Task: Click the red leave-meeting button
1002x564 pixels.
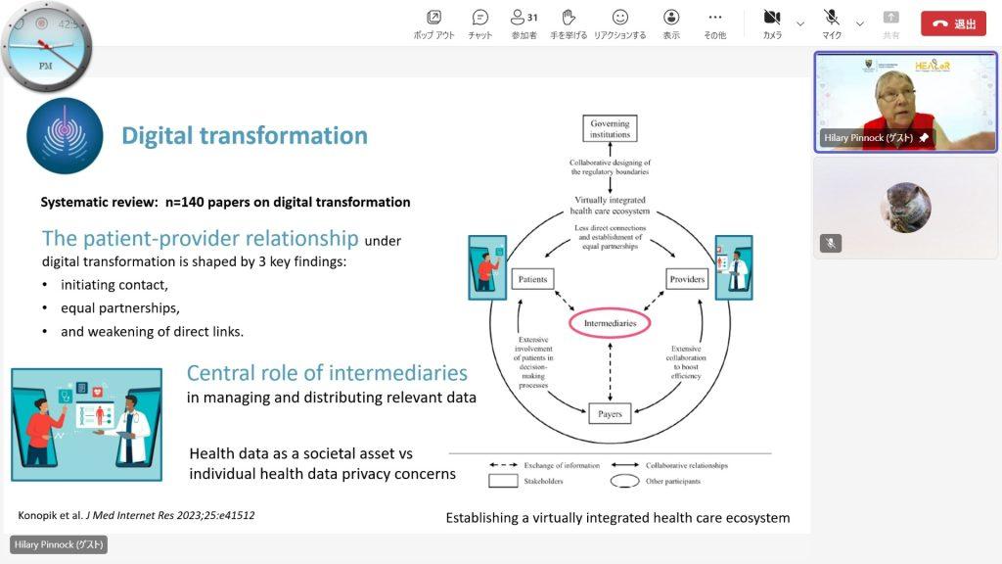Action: click(x=953, y=23)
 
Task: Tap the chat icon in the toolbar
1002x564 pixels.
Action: click(x=479, y=18)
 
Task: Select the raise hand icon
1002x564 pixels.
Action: click(x=569, y=18)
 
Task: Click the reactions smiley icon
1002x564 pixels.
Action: click(x=619, y=18)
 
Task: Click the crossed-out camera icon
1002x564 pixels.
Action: click(x=772, y=18)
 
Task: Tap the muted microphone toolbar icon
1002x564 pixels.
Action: click(x=831, y=18)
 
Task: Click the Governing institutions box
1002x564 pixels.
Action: click(x=610, y=128)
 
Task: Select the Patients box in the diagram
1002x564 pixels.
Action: click(x=532, y=279)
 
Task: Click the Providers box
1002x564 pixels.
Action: click(x=687, y=279)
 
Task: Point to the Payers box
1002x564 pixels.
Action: click(x=610, y=414)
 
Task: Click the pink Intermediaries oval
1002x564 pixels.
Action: click(x=610, y=323)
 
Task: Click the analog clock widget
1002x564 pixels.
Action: click(x=46, y=47)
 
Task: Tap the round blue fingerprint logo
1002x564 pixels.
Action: click(x=65, y=135)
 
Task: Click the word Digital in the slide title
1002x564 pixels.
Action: click(x=158, y=135)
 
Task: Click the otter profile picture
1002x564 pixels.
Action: click(x=905, y=208)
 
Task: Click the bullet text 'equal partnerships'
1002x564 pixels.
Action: click(x=120, y=308)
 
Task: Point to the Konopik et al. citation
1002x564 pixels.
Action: click(x=136, y=515)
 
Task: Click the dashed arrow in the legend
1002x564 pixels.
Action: click(x=503, y=465)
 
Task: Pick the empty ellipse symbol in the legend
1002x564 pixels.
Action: click(x=624, y=481)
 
